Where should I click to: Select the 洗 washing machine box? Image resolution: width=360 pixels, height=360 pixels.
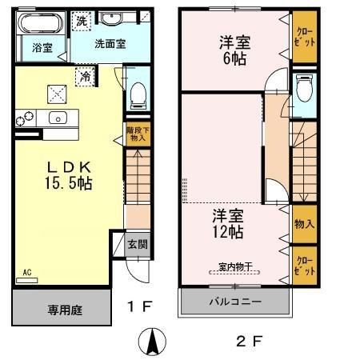81,22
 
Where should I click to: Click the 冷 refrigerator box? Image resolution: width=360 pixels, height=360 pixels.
85,76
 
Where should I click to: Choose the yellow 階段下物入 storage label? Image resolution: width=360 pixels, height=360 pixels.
136,134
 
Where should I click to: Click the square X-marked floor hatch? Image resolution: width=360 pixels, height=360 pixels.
56,93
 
